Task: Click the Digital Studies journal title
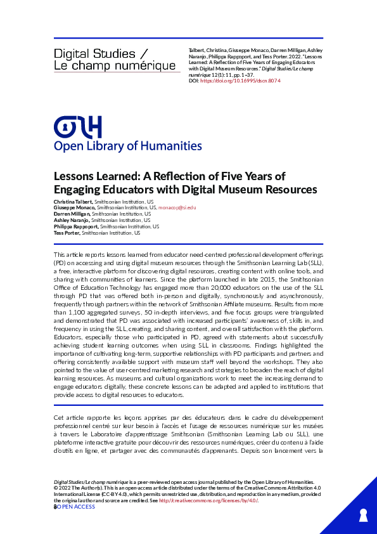pyautogui.click(x=94, y=54)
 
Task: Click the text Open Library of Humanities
pyautogui.click(x=128, y=147)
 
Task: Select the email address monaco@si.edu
pyautogui.click(x=177, y=207)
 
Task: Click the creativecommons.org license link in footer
pyautogui.click(x=208, y=500)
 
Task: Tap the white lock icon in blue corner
pyautogui.click(x=363, y=512)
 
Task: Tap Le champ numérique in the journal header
pyautogui.click(x=114, y=65)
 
